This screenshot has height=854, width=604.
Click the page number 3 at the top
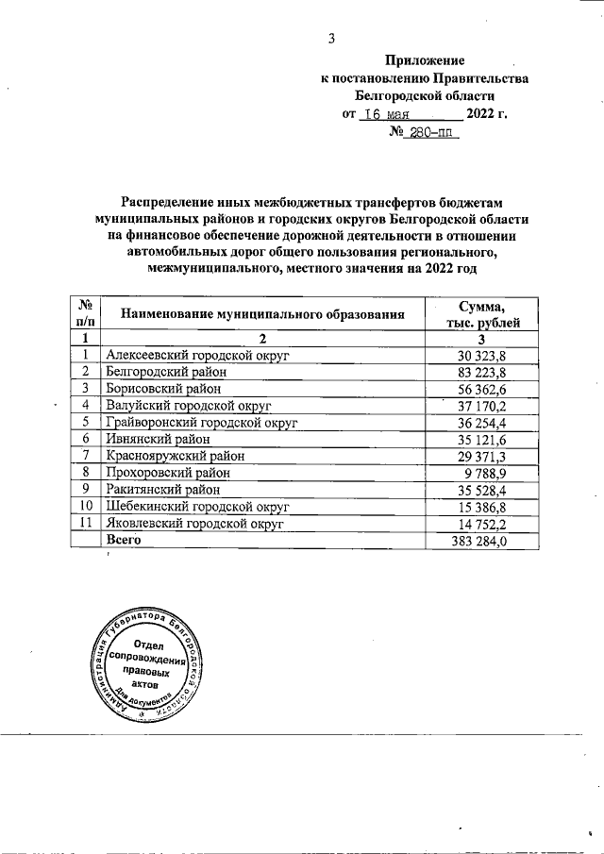coord(331,39)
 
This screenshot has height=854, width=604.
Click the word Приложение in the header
coord(425,59)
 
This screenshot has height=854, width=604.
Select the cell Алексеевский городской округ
coord(197,355)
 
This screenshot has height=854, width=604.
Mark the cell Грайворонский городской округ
coord(202,423)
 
